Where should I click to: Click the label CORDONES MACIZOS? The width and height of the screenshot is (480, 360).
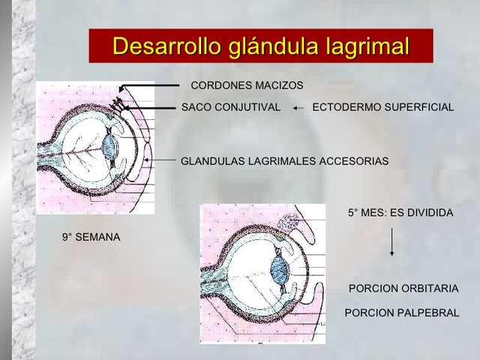tap(247, 85)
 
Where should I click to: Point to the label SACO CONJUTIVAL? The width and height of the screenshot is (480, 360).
tap(231, 107)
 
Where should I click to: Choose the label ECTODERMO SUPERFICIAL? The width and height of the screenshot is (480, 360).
tap(382, 107)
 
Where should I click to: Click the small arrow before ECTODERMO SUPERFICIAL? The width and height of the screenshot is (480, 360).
tap(298, 108)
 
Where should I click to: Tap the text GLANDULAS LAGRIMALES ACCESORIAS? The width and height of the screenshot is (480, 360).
tap(284, 160)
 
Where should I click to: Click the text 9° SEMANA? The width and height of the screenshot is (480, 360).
tap(91, 238)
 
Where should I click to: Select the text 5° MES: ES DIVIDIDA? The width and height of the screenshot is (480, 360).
tap(400, 213)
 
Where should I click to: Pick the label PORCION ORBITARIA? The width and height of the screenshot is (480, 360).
tap(403, 289)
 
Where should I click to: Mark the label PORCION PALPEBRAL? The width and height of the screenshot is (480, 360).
tap(401, 312)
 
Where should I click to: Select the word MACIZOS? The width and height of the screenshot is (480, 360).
tap(279, 85)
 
